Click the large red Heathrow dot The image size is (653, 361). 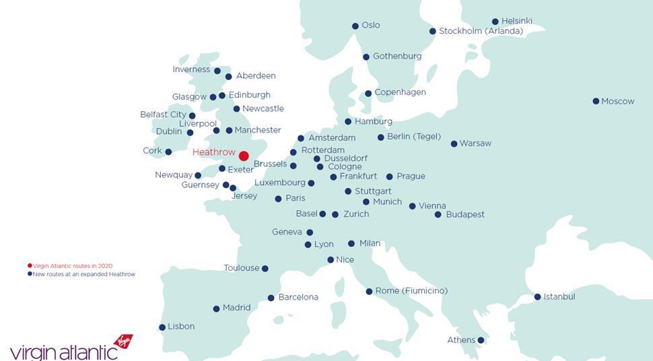tap(244, 156)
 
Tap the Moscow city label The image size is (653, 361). tap(617, 101)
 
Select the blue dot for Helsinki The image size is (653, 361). tap(495, 22)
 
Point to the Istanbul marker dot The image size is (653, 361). tap(537, 297)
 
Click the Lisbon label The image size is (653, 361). tap(181, 327)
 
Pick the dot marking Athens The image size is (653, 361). tap(481, 340)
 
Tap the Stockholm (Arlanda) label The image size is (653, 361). tap(481, 31)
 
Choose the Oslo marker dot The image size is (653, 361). tap(355, 26)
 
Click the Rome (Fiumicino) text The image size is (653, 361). tap(411, 291)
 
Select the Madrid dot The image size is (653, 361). tap(216, 309)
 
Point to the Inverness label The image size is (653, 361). tap(192, 69)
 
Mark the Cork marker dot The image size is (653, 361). tap(168, 152)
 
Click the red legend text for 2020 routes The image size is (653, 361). tap(73, 266)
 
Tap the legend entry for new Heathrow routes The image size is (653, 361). tap(84, 274)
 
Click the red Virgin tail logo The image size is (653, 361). tap(124, 341)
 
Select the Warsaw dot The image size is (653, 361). tap(454, 143)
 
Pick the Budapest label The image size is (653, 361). tap(465, 215)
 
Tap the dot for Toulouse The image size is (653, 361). tap(265, 269)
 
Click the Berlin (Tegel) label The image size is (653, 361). tap(414, 137)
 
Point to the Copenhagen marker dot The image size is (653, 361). tap(368, 94)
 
